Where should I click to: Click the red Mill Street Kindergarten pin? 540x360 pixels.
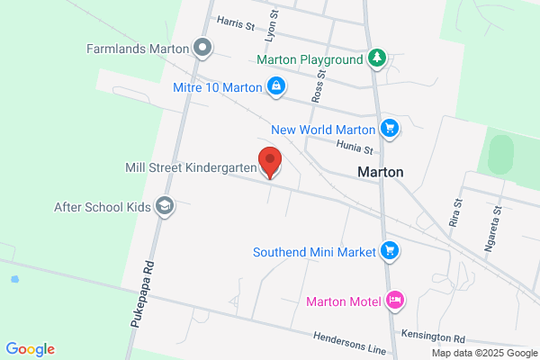269,161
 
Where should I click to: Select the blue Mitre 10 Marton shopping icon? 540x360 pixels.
276,87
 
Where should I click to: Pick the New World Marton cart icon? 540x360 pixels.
389,129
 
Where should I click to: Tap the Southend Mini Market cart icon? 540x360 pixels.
389,251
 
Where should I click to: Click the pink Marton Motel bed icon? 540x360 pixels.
394,300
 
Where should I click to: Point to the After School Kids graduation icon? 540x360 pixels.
165,206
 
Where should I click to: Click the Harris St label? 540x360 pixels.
235,21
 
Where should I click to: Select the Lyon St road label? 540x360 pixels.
270,29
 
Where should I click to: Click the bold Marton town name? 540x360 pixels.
380,172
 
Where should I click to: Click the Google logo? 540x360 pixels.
30,349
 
